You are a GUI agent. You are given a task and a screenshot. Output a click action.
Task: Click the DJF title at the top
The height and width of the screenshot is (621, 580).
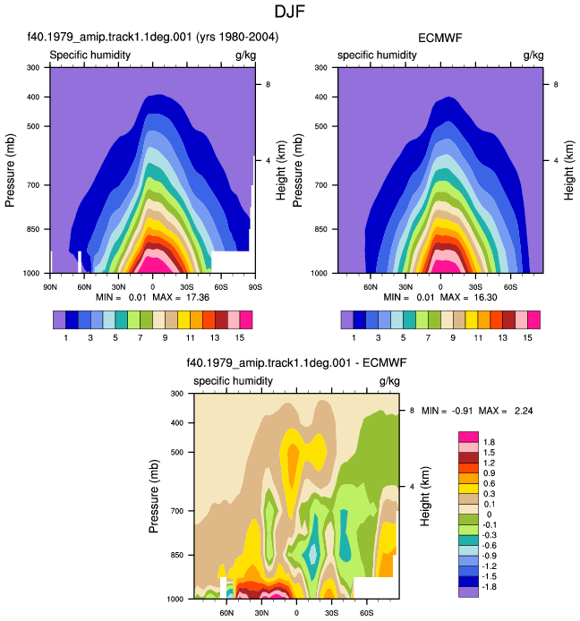[x=290, y=12]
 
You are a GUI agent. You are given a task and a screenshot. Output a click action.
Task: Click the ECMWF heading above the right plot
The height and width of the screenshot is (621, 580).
[x=440, y=38]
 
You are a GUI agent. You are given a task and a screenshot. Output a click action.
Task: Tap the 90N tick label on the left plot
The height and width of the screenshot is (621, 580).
[x=50, y=286]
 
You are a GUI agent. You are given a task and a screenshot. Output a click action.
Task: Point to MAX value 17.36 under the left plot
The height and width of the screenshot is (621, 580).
[x=198, y=297]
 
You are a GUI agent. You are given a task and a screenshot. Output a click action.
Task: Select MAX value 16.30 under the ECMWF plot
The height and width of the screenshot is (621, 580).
[x=485, y=297]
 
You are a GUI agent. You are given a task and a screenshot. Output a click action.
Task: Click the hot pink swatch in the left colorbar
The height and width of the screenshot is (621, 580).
[x=246, y=320]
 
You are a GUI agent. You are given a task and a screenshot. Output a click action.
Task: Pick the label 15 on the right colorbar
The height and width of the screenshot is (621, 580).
[x=527, y=338]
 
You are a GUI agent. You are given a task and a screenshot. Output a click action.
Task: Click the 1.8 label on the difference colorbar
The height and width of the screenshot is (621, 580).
[x=489, y=442]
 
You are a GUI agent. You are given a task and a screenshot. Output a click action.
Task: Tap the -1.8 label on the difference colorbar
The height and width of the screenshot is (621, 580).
[x=490, y=586]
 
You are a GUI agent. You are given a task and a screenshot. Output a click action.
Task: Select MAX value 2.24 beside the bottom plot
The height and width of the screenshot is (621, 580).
[x=524, y=411]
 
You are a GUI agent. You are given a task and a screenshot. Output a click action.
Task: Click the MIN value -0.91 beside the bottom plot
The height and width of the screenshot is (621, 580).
[x=463, y=411]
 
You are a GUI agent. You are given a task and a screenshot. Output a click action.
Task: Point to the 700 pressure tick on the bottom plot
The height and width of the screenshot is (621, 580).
[x=176, y=511]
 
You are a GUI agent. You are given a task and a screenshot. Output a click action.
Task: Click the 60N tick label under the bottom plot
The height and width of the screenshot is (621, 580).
[x=226, y=613]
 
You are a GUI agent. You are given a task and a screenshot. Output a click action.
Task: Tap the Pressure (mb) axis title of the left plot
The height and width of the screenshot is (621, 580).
[x=10, y=170]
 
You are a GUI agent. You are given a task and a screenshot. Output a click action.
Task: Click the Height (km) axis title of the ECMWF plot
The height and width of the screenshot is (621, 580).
[x=569, y=170]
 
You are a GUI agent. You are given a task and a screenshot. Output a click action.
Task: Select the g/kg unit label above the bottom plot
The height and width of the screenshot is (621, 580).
[x=389, y=381]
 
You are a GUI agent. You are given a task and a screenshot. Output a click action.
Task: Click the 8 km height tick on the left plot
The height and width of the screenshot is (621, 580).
[x=269, y=84]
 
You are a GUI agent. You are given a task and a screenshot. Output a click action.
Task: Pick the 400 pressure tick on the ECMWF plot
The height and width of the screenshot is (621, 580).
[x=320, y=97]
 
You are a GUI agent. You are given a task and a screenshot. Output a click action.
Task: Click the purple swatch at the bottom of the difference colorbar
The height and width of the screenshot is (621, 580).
[x=468, y=591]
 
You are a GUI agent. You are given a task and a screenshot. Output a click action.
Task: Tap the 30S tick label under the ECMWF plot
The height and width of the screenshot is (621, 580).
[x=475, y=286]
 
